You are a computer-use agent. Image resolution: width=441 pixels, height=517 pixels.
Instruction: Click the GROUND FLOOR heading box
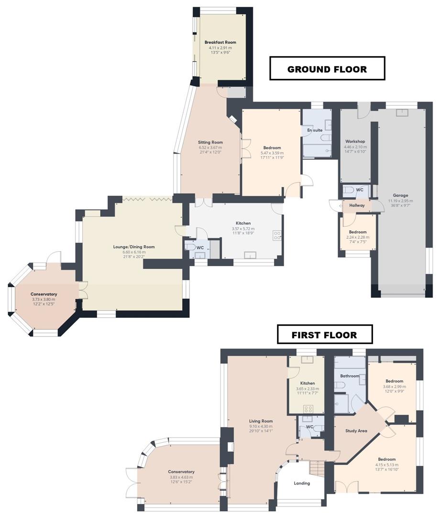(327, 69)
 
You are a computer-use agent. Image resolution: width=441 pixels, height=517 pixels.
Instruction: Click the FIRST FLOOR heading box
(325, 335)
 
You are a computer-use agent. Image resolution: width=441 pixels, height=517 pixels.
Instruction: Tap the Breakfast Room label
(220, 42)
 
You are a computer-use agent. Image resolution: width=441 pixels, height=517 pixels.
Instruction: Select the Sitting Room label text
(210, 142)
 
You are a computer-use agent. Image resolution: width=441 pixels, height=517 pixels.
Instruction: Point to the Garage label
(400, 195)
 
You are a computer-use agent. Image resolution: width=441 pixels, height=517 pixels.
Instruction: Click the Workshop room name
(355, 142)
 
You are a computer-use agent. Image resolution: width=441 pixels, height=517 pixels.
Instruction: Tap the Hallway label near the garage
(357, 205)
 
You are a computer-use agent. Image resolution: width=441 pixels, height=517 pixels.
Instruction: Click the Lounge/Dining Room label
(134, 247)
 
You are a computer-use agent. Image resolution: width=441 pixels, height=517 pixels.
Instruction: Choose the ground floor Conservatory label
(44, 294)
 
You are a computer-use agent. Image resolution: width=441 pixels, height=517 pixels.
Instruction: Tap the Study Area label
(356, 431)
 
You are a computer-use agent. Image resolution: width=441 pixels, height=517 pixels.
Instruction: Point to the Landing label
(302, 483)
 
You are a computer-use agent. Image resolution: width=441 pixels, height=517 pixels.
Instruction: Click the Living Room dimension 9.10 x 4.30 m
(261, 426)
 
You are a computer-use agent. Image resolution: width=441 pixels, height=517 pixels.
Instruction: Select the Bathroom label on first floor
(350, 376)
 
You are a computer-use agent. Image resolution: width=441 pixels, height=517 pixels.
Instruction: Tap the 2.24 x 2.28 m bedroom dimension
(358, 237)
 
